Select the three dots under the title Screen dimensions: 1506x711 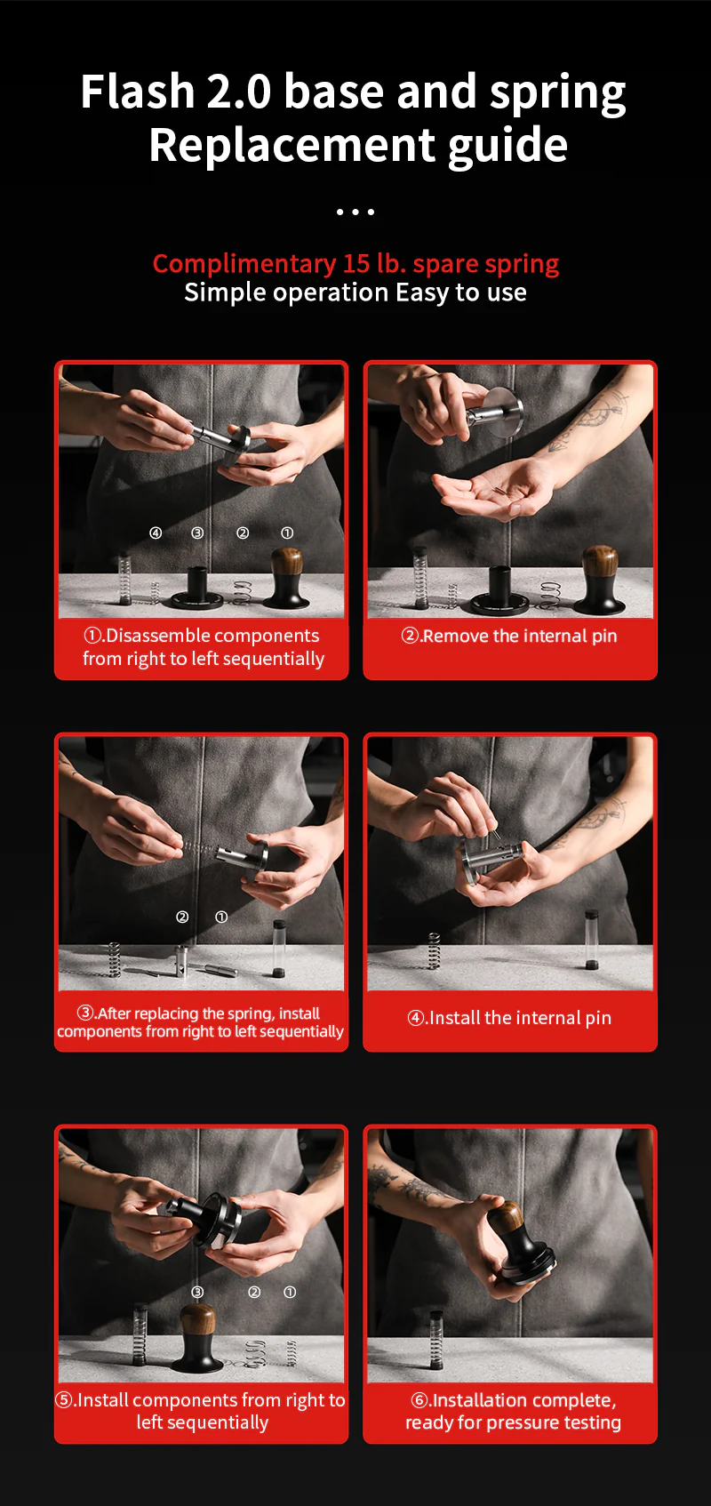[x=355, y=212]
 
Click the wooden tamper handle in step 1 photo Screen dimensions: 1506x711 [x=286, y=564]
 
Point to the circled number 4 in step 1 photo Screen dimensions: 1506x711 [x=156, y=533]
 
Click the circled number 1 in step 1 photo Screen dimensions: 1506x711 [x=287, y=533]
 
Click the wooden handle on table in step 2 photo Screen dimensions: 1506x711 [x=601, y=564]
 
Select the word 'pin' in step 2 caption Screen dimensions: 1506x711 [x=604, y=637]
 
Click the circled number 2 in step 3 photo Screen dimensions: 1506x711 [x=182, y=917]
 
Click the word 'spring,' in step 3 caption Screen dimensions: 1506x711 [x=252, y=1013]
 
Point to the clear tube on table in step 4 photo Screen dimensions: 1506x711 [x=590, y=939]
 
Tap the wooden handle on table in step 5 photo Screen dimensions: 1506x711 [x=197, y=1319]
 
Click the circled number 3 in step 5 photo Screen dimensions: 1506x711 [x=197, y=1292]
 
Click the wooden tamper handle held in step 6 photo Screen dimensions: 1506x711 [x=507, y=1218]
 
